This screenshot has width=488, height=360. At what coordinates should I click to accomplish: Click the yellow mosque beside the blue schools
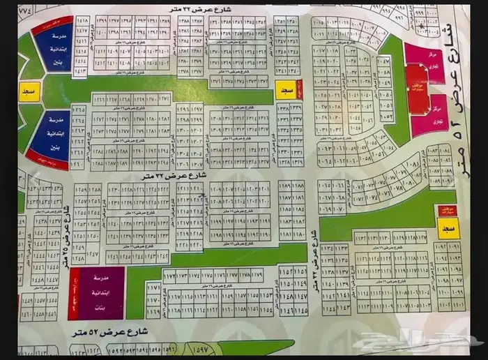pos(29,93)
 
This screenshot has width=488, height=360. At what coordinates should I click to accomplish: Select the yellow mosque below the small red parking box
pos(448,229)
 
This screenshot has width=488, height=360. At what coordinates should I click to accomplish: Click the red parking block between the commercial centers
pos(418,89)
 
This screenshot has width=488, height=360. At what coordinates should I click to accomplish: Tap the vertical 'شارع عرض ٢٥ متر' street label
pos(67,234)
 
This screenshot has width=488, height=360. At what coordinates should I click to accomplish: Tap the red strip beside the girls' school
pos(73,293)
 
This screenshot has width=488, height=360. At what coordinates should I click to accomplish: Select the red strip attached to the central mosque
pos(300,90)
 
